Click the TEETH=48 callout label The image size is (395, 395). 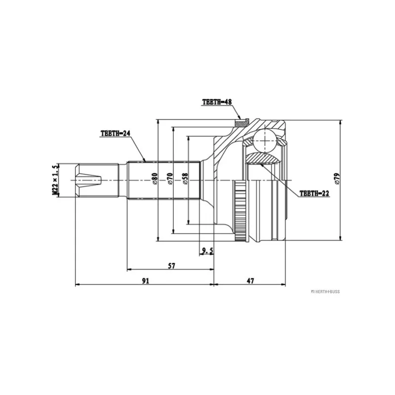click(217, 102)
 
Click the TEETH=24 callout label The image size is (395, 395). click(115, 133)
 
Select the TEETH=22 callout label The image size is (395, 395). click(314, 193)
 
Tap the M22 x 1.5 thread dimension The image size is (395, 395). click(56, 180)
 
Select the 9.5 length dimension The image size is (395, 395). click(207, 251)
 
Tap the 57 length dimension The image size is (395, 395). click(171, 266)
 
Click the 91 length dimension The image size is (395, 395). click(146, 280)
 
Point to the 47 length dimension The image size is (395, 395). click(250, 280)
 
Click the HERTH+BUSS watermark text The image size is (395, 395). click(325, 291)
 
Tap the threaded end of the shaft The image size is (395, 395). click(89, 180)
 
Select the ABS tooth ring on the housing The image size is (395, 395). click(240, 212)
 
